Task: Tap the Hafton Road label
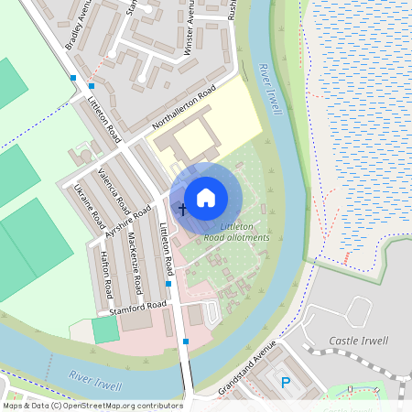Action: coord(105,275)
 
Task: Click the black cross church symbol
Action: coord(181,210)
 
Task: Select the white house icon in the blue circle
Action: coord(206,197)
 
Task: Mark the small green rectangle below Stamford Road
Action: coord(105,331)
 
